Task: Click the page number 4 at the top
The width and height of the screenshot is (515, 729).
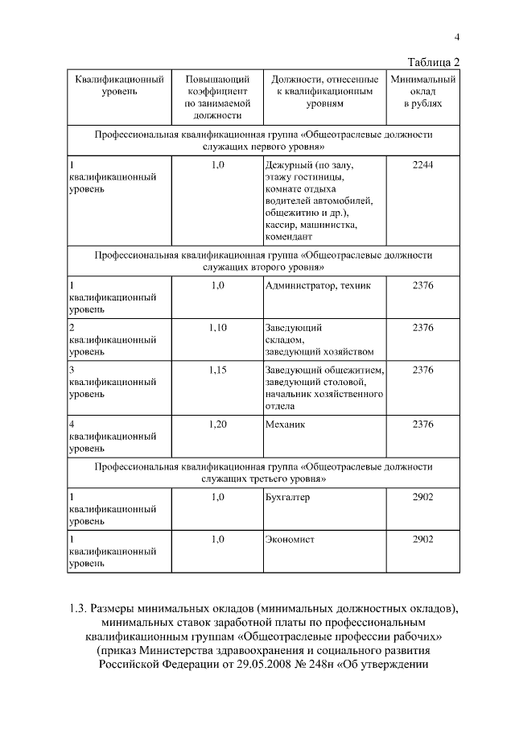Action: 456,36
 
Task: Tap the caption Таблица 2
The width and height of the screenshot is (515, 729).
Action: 433,62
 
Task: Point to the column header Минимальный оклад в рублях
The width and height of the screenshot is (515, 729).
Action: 422,92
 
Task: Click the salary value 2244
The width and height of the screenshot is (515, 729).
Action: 422,164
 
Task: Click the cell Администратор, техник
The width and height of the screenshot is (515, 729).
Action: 317,285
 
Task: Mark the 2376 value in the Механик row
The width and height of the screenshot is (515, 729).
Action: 422,424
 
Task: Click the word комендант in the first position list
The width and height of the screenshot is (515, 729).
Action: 289,237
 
